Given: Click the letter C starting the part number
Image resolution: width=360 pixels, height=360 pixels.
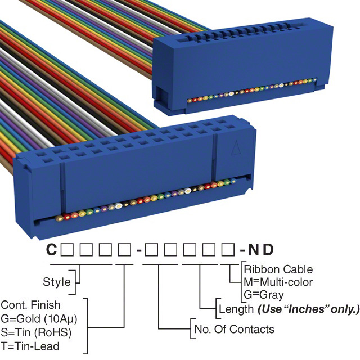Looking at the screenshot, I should tap(51, 249).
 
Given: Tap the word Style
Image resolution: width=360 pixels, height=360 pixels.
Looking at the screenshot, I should tap(57, 281).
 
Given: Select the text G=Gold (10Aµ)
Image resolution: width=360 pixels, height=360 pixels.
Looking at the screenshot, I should tap(38, 318).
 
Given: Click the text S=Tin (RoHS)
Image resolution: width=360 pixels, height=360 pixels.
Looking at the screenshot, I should tap(36, 331).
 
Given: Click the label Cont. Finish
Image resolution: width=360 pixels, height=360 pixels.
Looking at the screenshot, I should tap(30, 305).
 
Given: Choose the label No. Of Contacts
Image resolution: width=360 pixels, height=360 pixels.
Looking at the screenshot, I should tap(234, 329).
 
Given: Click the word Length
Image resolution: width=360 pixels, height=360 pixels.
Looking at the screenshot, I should tap(236, 309).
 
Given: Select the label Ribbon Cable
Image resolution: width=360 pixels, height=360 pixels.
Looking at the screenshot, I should tap(278, 269).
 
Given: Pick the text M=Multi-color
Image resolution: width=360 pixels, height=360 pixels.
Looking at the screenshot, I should tap(278, 281).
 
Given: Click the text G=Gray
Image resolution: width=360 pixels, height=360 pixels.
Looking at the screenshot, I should tap(264, 294).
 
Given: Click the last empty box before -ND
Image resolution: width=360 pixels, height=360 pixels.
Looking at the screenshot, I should tap(228, 249).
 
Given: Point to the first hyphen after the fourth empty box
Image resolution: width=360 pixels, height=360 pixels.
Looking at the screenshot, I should tap(137, 249).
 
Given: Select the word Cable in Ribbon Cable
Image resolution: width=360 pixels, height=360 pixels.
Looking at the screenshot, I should tap(299, 269).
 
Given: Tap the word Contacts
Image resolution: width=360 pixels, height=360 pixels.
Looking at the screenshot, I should tap(254, 329).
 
